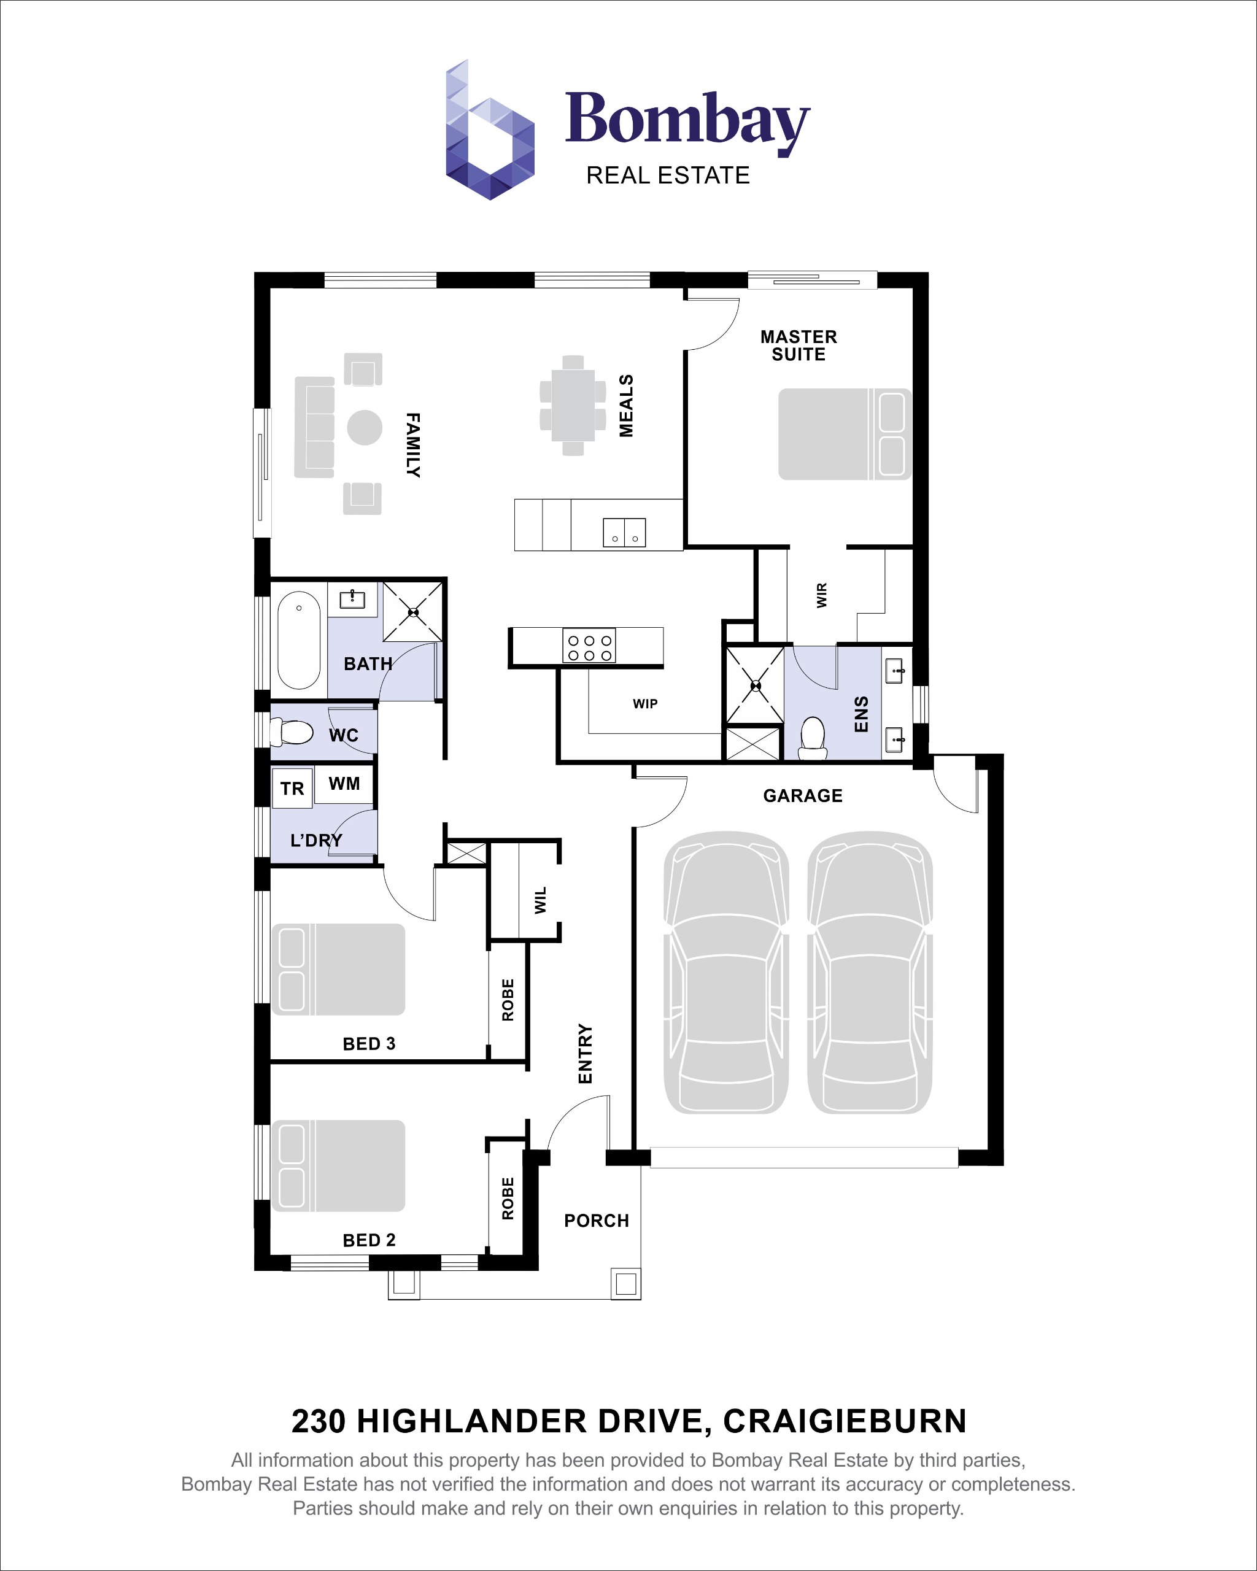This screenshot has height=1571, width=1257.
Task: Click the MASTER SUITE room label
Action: (x=799, y=345)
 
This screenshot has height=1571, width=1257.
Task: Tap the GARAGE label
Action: (x=802, y=796)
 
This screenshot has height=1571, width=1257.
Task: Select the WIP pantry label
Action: (x=645, y=703)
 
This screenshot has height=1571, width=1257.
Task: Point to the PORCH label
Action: (x=596, y=1221)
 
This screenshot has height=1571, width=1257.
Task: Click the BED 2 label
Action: (x=369, y=1240)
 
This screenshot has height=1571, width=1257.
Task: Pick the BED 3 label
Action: (x=369, y=1043)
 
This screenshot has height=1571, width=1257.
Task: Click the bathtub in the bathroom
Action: (x=299, y=640)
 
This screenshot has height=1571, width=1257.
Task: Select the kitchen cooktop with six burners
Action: (x=589, y=646)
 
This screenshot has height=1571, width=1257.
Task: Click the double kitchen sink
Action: (x=624, y=532)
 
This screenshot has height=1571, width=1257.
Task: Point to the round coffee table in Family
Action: (x=365, y=427)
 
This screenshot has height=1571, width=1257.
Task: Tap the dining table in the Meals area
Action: (x=573, y=405)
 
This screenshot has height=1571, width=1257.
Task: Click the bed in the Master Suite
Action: (x=844, y=434)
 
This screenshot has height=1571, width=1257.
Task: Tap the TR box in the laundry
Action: (x=292, y=789)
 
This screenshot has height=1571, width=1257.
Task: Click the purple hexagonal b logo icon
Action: (x=490, y=131)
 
